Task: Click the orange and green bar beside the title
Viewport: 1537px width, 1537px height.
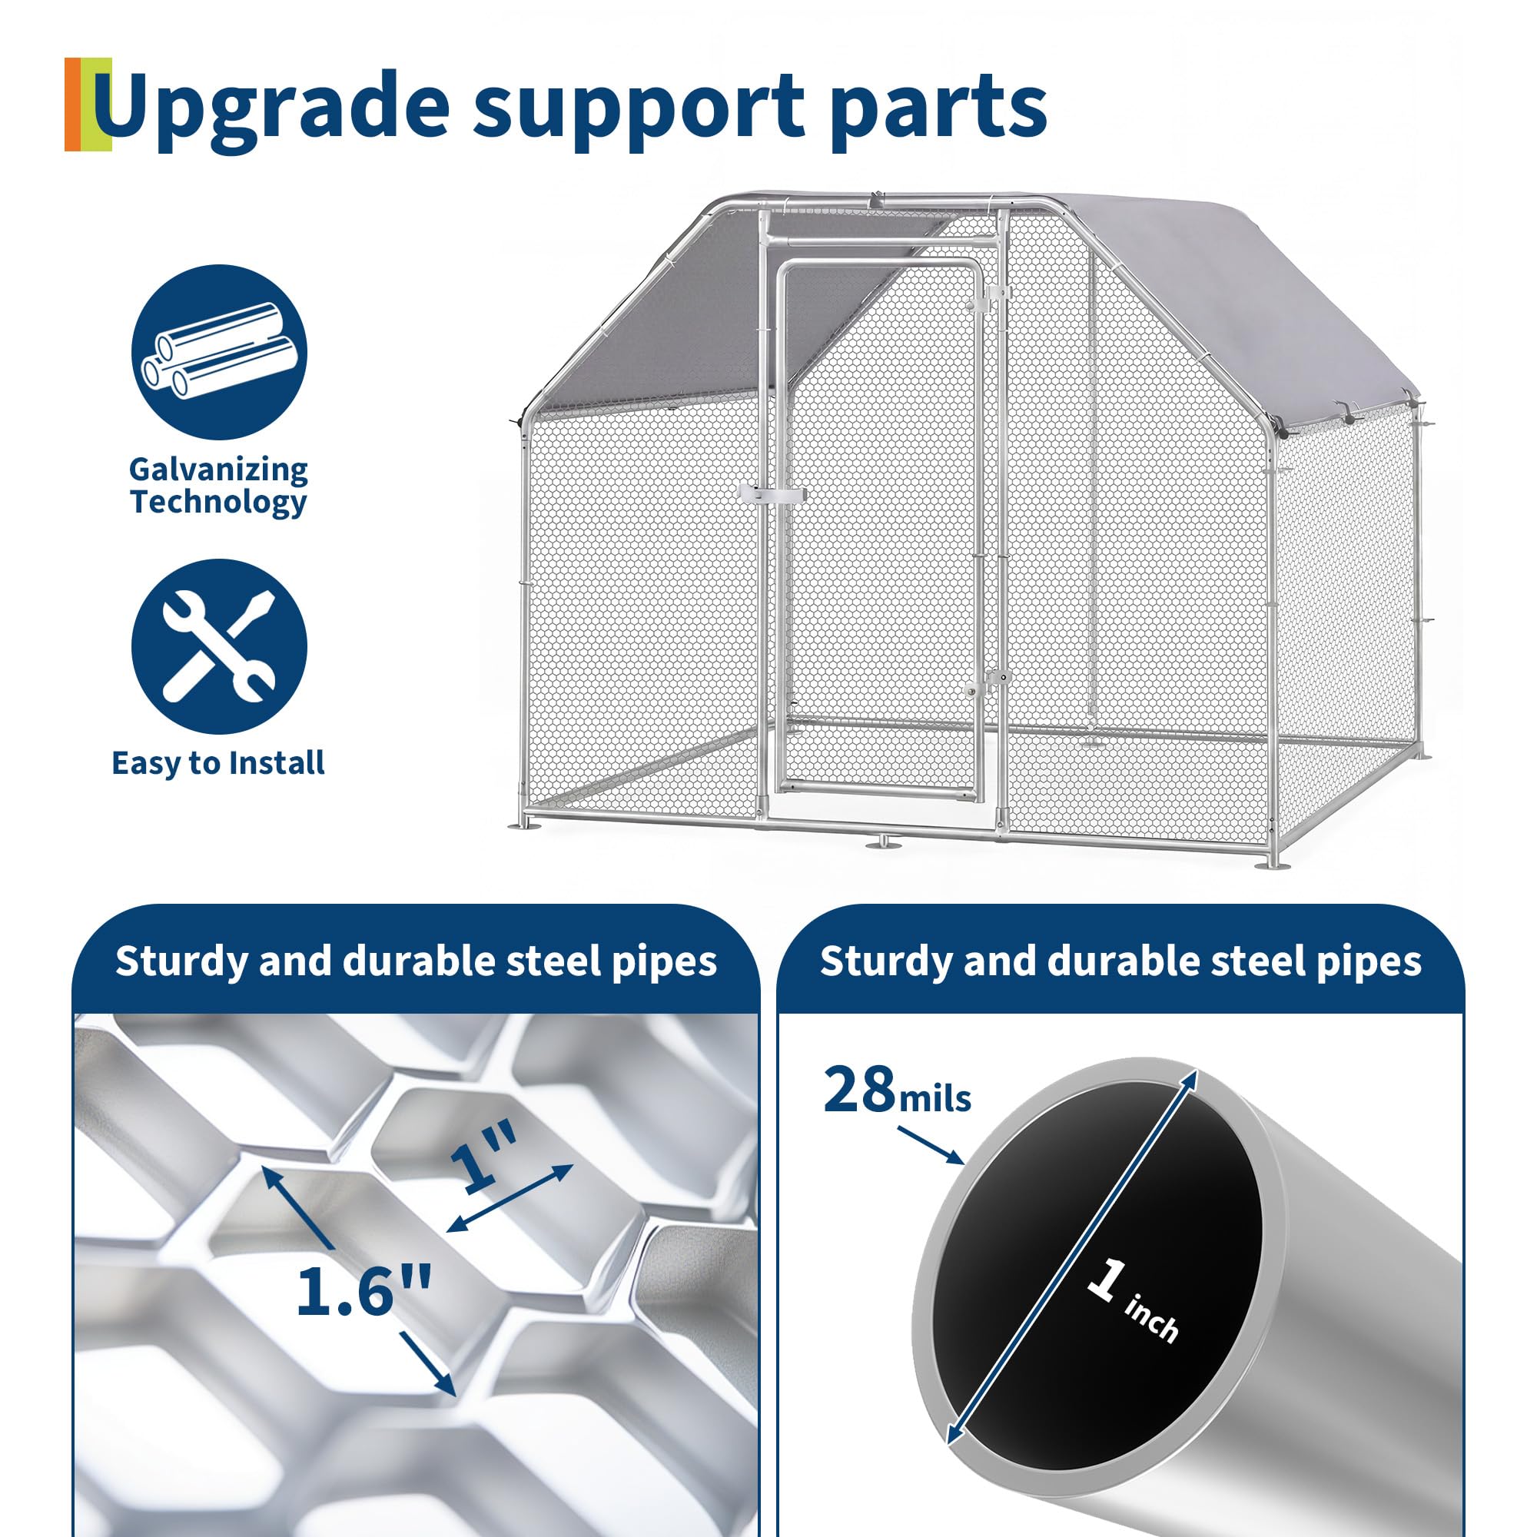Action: [x=88, y=105]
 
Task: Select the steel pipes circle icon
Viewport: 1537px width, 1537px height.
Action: [x=219, y=353]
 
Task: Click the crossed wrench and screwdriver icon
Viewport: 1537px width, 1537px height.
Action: [x=219, y=647]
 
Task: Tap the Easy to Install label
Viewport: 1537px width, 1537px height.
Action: [x=218, y=763]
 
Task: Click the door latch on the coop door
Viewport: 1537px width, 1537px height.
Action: [x=772, y=494]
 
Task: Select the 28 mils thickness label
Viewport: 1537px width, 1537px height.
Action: [x=897, y=1091]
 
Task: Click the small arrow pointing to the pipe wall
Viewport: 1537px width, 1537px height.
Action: [x=929, y=1146]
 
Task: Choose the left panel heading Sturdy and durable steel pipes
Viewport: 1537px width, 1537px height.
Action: [x=416, y=961]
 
